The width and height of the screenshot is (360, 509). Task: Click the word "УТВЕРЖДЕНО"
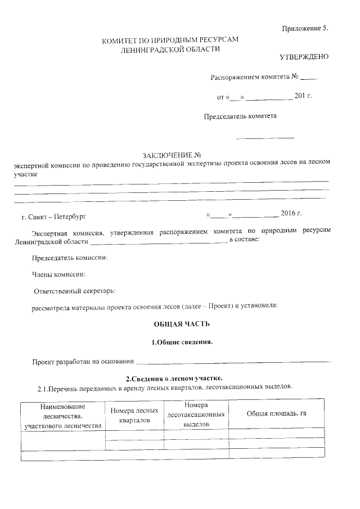pos(304,58)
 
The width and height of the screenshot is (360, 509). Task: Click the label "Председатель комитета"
pos(240,116)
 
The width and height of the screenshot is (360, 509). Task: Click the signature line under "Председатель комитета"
pos(265,138)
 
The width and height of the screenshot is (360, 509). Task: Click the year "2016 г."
pos(291,214)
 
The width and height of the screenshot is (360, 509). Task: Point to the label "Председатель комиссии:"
pos(70,258)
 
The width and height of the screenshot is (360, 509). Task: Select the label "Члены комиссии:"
pos(58,274)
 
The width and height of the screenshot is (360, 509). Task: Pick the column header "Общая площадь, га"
pos(276,413)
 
